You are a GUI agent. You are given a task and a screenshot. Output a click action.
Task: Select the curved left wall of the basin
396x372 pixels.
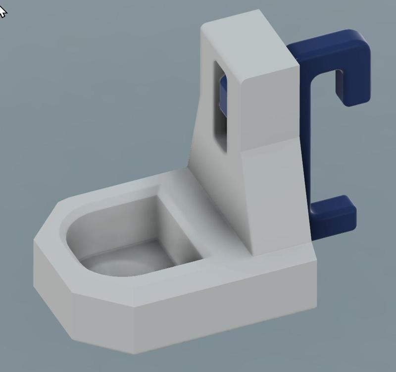(x=82, y=238)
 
